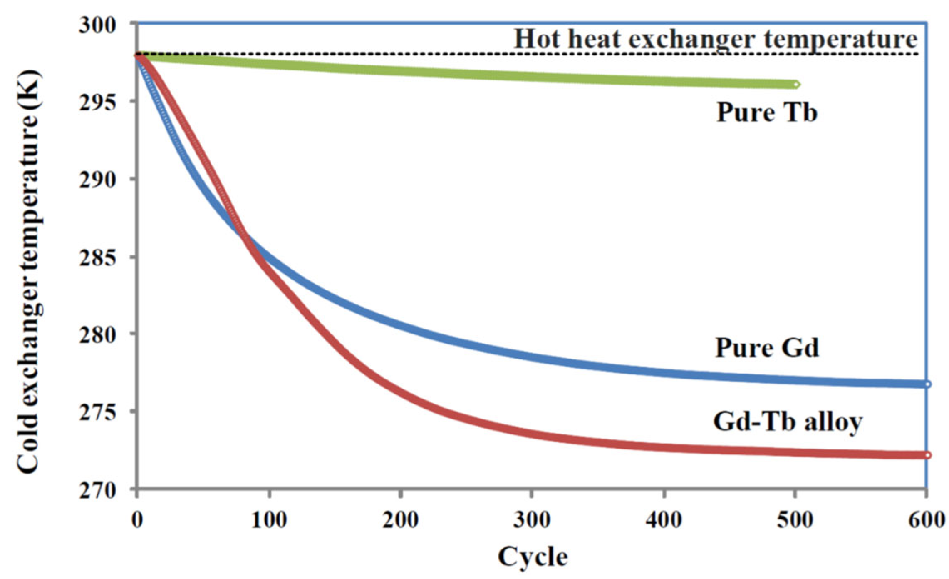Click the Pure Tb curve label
tap(766, 112)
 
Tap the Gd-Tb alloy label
tap(788, 422)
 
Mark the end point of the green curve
tap(795, 85)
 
